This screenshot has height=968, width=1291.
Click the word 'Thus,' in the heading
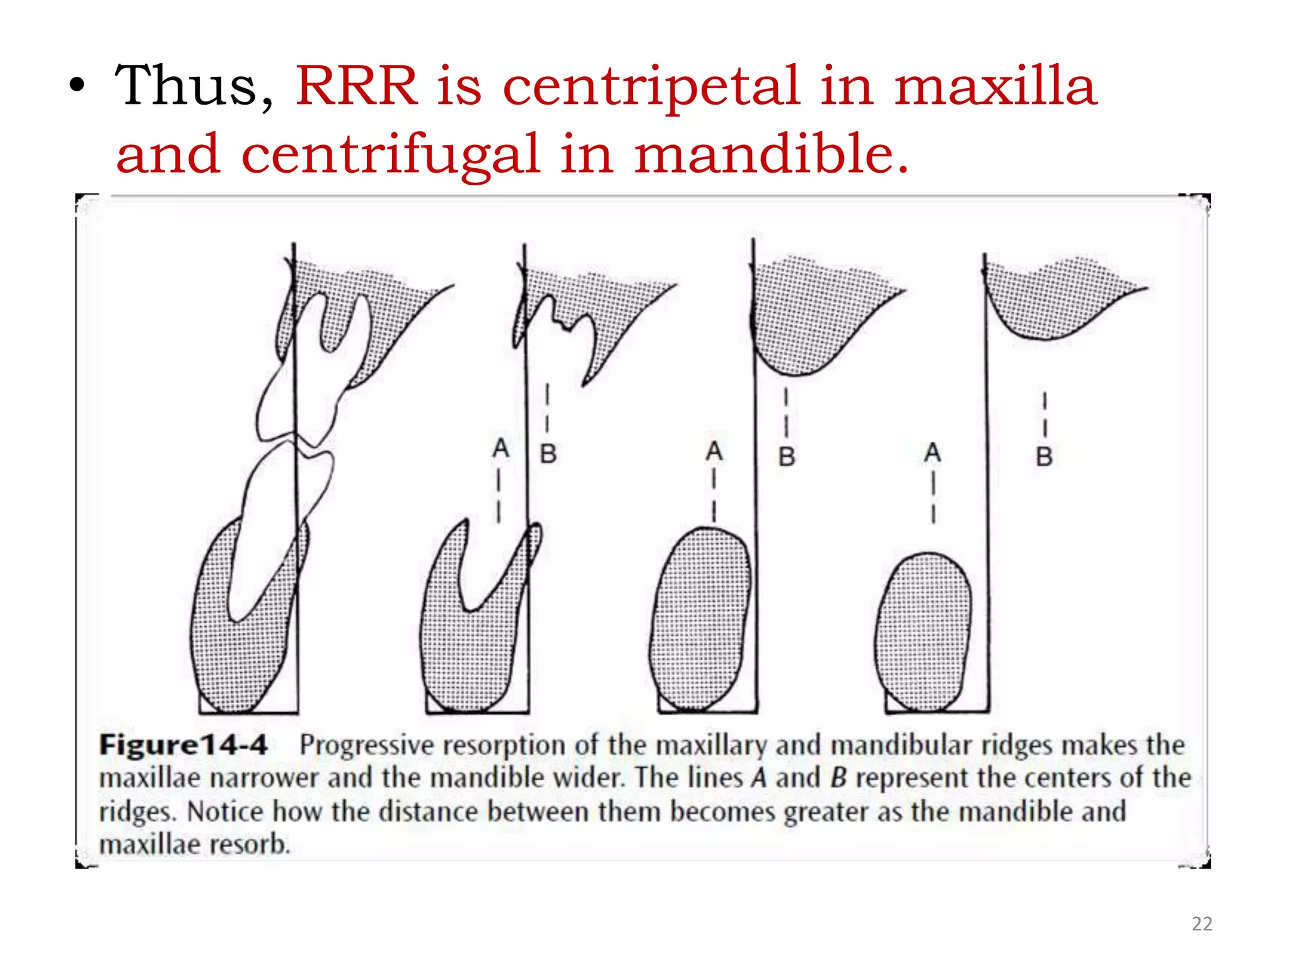(194, 86)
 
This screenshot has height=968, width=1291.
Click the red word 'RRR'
(357, 86)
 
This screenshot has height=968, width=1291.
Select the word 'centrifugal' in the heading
(391, 154)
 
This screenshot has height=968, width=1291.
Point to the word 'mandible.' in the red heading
(772, 154)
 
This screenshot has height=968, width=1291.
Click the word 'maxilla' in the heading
(995, 86)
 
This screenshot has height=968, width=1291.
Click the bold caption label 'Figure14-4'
(183, 745)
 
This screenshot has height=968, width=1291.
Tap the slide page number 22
(1201, 924)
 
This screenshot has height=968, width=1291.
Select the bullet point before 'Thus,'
(77, 88)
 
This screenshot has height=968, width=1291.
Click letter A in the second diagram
(501, 449)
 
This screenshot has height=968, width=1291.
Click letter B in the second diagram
(548, 454)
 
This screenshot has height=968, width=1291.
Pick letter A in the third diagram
(714, 451)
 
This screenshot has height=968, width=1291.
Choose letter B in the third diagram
(786, 456)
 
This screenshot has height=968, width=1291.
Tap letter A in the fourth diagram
(932, 452)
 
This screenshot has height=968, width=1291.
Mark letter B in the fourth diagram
(1044, 456)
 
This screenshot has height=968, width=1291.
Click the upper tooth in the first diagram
(303, 378)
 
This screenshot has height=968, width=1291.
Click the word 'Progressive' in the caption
(366, 745)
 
